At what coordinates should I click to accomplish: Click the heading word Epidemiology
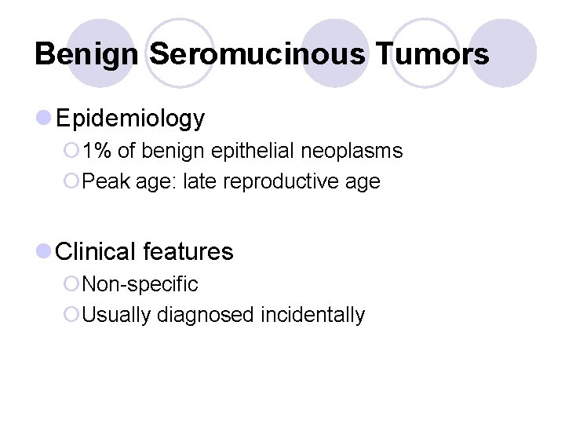tap(130, 119)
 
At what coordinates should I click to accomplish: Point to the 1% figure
tap(97, 151)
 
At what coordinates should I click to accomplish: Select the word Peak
tap(105, 182)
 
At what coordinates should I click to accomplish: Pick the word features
tap(188, 251)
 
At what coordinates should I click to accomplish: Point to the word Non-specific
tap(140, 283)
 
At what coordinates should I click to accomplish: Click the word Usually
tap(117, 315)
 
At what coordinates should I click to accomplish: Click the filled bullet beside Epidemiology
tap(44, 119)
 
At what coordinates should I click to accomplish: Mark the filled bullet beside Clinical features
tap(44, 251)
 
